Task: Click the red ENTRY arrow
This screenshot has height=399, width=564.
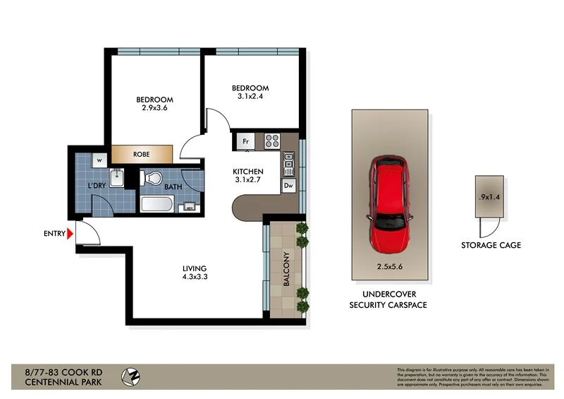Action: (70, 233)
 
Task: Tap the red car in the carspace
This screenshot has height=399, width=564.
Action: (388, 206)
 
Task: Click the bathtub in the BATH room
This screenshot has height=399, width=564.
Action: (158, 205)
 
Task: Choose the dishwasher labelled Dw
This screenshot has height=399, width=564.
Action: (288, 186)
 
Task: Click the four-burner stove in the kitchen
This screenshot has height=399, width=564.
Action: (272, 141)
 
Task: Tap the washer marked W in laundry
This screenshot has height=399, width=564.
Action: (98, 158)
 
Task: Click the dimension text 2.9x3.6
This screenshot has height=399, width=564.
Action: (154, 109)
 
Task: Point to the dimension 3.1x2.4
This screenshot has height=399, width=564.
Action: (250, 97)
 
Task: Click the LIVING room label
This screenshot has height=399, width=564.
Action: (194, 268)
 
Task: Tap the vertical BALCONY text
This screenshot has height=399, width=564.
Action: (286, 269)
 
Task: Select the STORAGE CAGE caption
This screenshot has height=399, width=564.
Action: (491, 245)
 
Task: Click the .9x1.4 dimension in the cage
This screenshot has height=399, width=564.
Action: (489, 197)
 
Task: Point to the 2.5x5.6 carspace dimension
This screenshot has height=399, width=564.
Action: (388, 266)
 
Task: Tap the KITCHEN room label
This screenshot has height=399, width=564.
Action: (248, 172)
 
